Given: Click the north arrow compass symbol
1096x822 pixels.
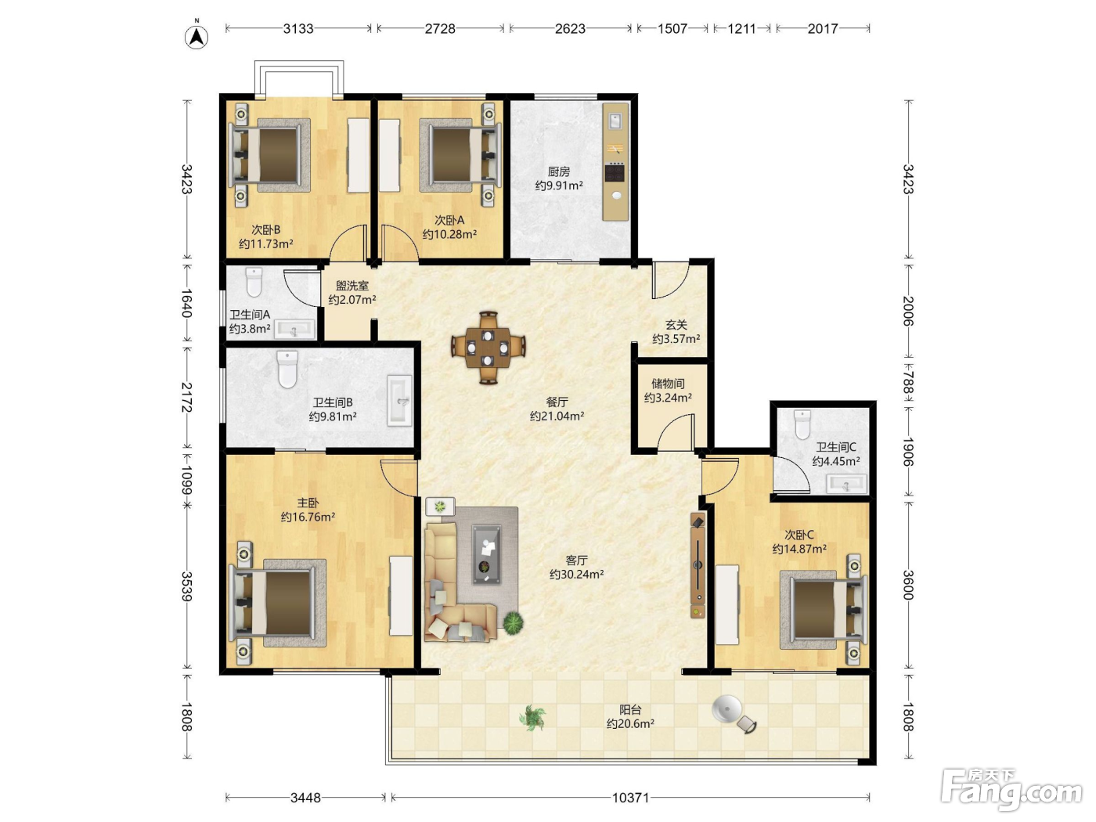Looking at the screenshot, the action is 196,37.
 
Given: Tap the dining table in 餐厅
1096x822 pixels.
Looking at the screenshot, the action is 488,348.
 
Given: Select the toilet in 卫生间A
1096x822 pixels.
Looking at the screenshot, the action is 254,283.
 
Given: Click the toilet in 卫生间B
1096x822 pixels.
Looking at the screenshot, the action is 287,370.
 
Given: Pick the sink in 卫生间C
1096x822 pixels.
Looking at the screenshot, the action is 846,484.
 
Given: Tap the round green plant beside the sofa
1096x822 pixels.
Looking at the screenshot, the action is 513,623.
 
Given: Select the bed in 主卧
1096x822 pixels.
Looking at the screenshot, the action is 278,603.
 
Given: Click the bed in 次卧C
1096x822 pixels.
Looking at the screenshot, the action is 822,610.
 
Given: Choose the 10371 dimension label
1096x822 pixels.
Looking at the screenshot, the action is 631,798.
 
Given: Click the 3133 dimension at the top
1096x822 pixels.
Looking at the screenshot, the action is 298,28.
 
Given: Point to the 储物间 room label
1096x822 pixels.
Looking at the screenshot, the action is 668,384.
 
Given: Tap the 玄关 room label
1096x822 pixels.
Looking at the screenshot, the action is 676,325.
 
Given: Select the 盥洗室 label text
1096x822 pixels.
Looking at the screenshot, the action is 352,286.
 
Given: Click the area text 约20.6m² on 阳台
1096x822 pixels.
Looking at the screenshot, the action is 630,723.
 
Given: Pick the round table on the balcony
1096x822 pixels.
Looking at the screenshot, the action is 727,708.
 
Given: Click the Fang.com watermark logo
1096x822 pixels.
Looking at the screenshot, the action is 1011,791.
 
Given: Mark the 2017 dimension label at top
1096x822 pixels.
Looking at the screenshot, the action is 822,28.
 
